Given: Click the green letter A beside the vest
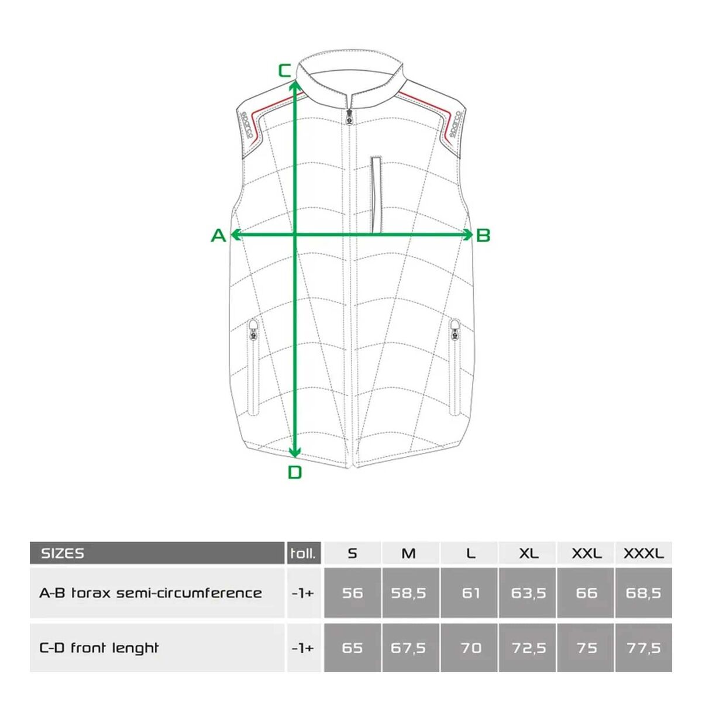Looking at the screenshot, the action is [219, 235].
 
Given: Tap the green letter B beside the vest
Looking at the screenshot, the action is [483, 235].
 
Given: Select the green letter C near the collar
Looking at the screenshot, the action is [284, 71].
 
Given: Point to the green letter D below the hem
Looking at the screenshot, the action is [295, 473].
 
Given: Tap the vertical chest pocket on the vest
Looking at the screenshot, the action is [376, 195].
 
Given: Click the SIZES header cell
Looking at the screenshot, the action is [157, 553].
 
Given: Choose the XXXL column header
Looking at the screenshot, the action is [643, 553].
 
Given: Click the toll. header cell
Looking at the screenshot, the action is [304, 553].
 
